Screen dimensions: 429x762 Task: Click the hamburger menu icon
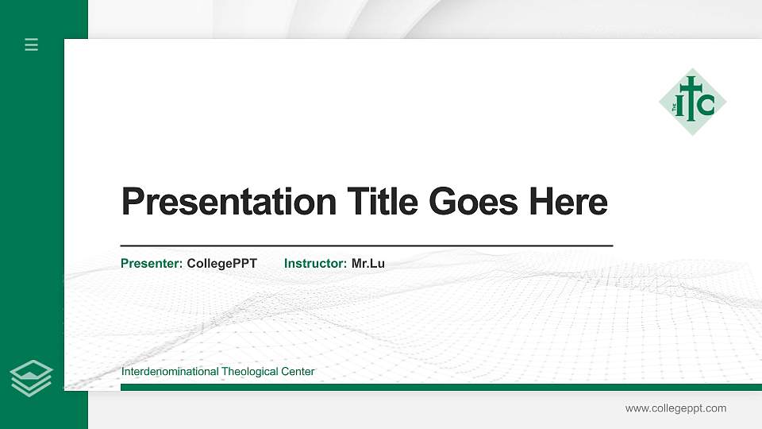(x=32, y=44)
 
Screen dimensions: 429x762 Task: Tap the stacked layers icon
(x=32, y=377)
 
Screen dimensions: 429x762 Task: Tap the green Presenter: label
(x=152, y=264)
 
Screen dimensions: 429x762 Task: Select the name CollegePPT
(x=222, y=264)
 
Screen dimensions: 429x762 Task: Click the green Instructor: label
(x=315, y=264)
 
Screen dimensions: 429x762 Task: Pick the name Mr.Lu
(x=368, y=264)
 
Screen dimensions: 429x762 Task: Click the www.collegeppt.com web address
(x=675, y=408)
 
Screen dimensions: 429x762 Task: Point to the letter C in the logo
(x=706, y=104)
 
